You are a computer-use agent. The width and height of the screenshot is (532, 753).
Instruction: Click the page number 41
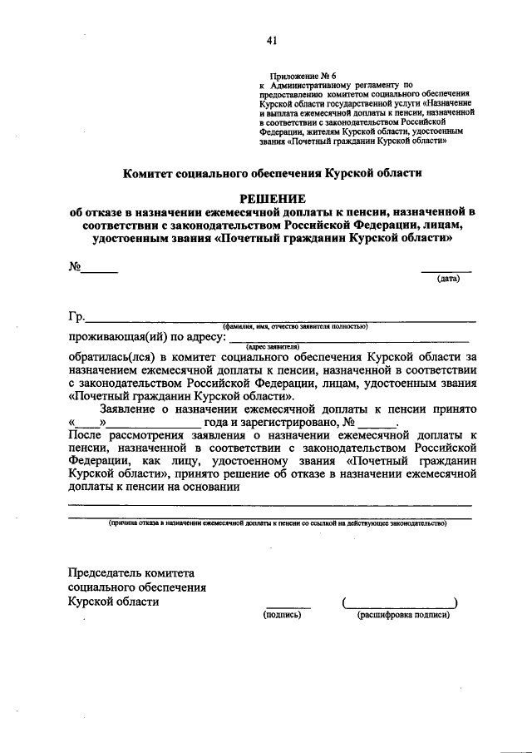tap(271, 40)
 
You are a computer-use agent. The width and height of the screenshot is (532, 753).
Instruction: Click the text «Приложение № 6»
tap(296, 75)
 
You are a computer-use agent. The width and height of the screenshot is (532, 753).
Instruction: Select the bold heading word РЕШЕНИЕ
tap(272, 198)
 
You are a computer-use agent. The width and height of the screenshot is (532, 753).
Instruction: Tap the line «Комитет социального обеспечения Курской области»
tap(273, 174)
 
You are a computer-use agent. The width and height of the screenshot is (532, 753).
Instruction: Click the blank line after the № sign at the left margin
tap(99, 271)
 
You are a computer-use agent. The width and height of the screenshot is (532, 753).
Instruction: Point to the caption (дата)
tap(448, 279)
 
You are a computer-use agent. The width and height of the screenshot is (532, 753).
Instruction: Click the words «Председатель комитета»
tap(131, 572)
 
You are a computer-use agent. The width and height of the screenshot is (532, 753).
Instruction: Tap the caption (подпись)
tap(281, 615)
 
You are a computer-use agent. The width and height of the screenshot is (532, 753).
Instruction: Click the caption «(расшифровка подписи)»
tap(402, 615)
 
